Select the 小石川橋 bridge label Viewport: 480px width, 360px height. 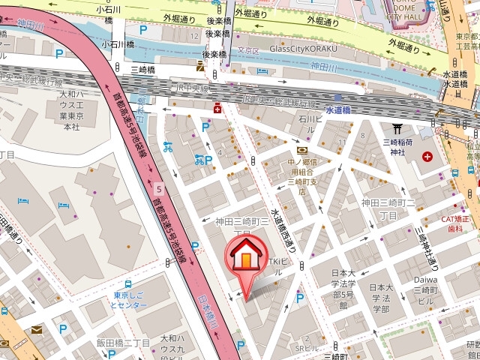pyautogui.click(x=119, y=43)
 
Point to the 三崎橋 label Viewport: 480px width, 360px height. pyautogui.click(x=142, y=70)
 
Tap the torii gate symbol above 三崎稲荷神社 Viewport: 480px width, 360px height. pyautogui.click(x=397, y=129)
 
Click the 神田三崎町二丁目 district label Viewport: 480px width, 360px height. pyautogui.click(x=389, y=208)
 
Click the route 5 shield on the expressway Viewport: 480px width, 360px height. pyautogui.click(x=159, y=188)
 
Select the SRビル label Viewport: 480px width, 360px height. pyautogui.click(x=306, y=349)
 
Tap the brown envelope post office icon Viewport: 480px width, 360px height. pyautogui.click(x=37, y=329)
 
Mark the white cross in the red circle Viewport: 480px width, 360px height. pyautogui.click(x=427, y=157)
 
